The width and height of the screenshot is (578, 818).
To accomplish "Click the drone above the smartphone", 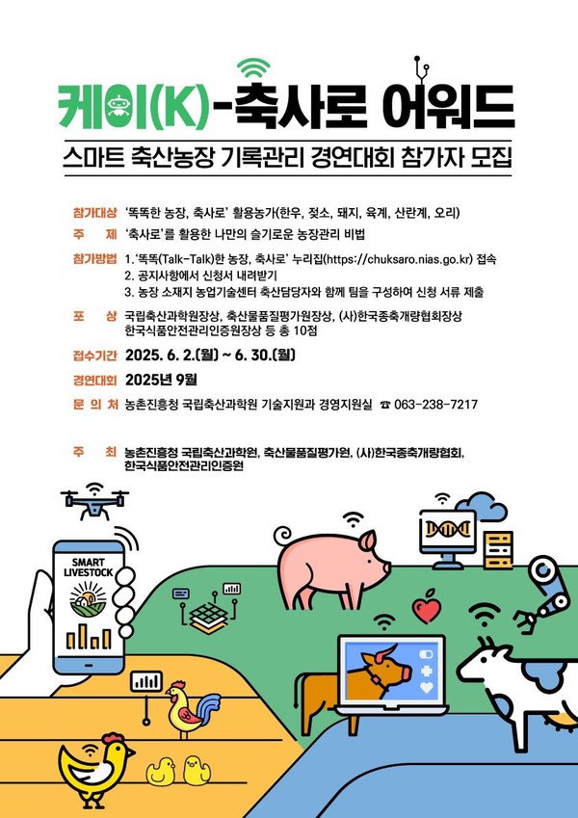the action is point(94,502).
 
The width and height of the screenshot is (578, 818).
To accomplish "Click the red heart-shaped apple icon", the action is point(427,607).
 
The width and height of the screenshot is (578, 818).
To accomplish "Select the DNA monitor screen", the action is point(448,531).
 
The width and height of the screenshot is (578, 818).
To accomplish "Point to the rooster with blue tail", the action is point(192,708).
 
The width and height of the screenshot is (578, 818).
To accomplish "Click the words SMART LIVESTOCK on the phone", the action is point(89,567).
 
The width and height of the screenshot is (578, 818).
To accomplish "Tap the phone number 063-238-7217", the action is point(435,405).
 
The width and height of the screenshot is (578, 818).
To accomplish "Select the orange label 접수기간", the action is point(95,356).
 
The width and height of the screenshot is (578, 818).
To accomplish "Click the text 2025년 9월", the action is point(161,380).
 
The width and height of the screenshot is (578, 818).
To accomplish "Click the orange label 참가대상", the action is point(95,213).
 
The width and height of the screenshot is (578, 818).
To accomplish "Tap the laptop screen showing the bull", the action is point(391,671).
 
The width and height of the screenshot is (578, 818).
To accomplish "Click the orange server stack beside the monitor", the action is point(498,550).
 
